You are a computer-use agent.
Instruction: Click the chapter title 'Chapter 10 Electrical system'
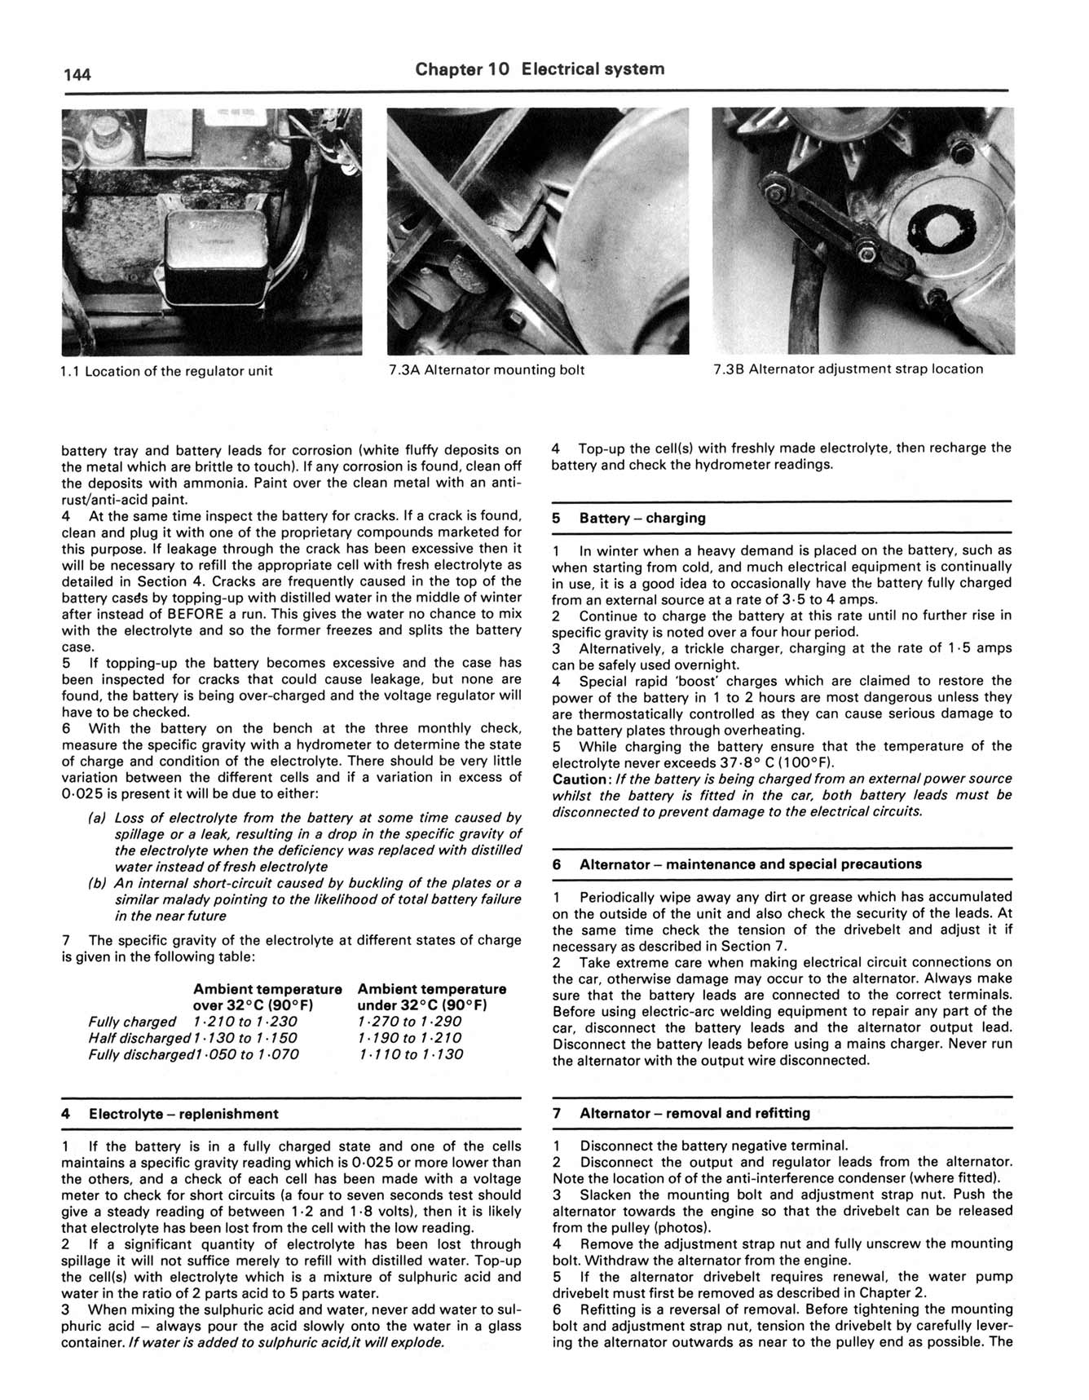click(x=540, y=69)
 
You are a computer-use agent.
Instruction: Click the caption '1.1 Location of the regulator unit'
click(x=167, y=371)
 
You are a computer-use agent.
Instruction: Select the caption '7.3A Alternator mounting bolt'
click(x=487, y=370)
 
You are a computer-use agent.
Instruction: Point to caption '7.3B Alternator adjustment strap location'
click(x=848, y=369)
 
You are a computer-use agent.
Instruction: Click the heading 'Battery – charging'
click(x=642, y=518)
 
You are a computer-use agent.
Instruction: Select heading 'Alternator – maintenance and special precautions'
click(x=750, y=864)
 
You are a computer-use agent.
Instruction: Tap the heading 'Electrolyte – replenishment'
click(x=183, y=1114)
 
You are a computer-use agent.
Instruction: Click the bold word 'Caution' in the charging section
click(x=581, y=779)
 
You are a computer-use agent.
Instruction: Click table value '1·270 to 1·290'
click(x=409, y=1022)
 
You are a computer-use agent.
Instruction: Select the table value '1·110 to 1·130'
click(x=409, y=1054)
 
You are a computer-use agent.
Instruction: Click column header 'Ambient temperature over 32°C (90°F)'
click(x=267, y=997)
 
